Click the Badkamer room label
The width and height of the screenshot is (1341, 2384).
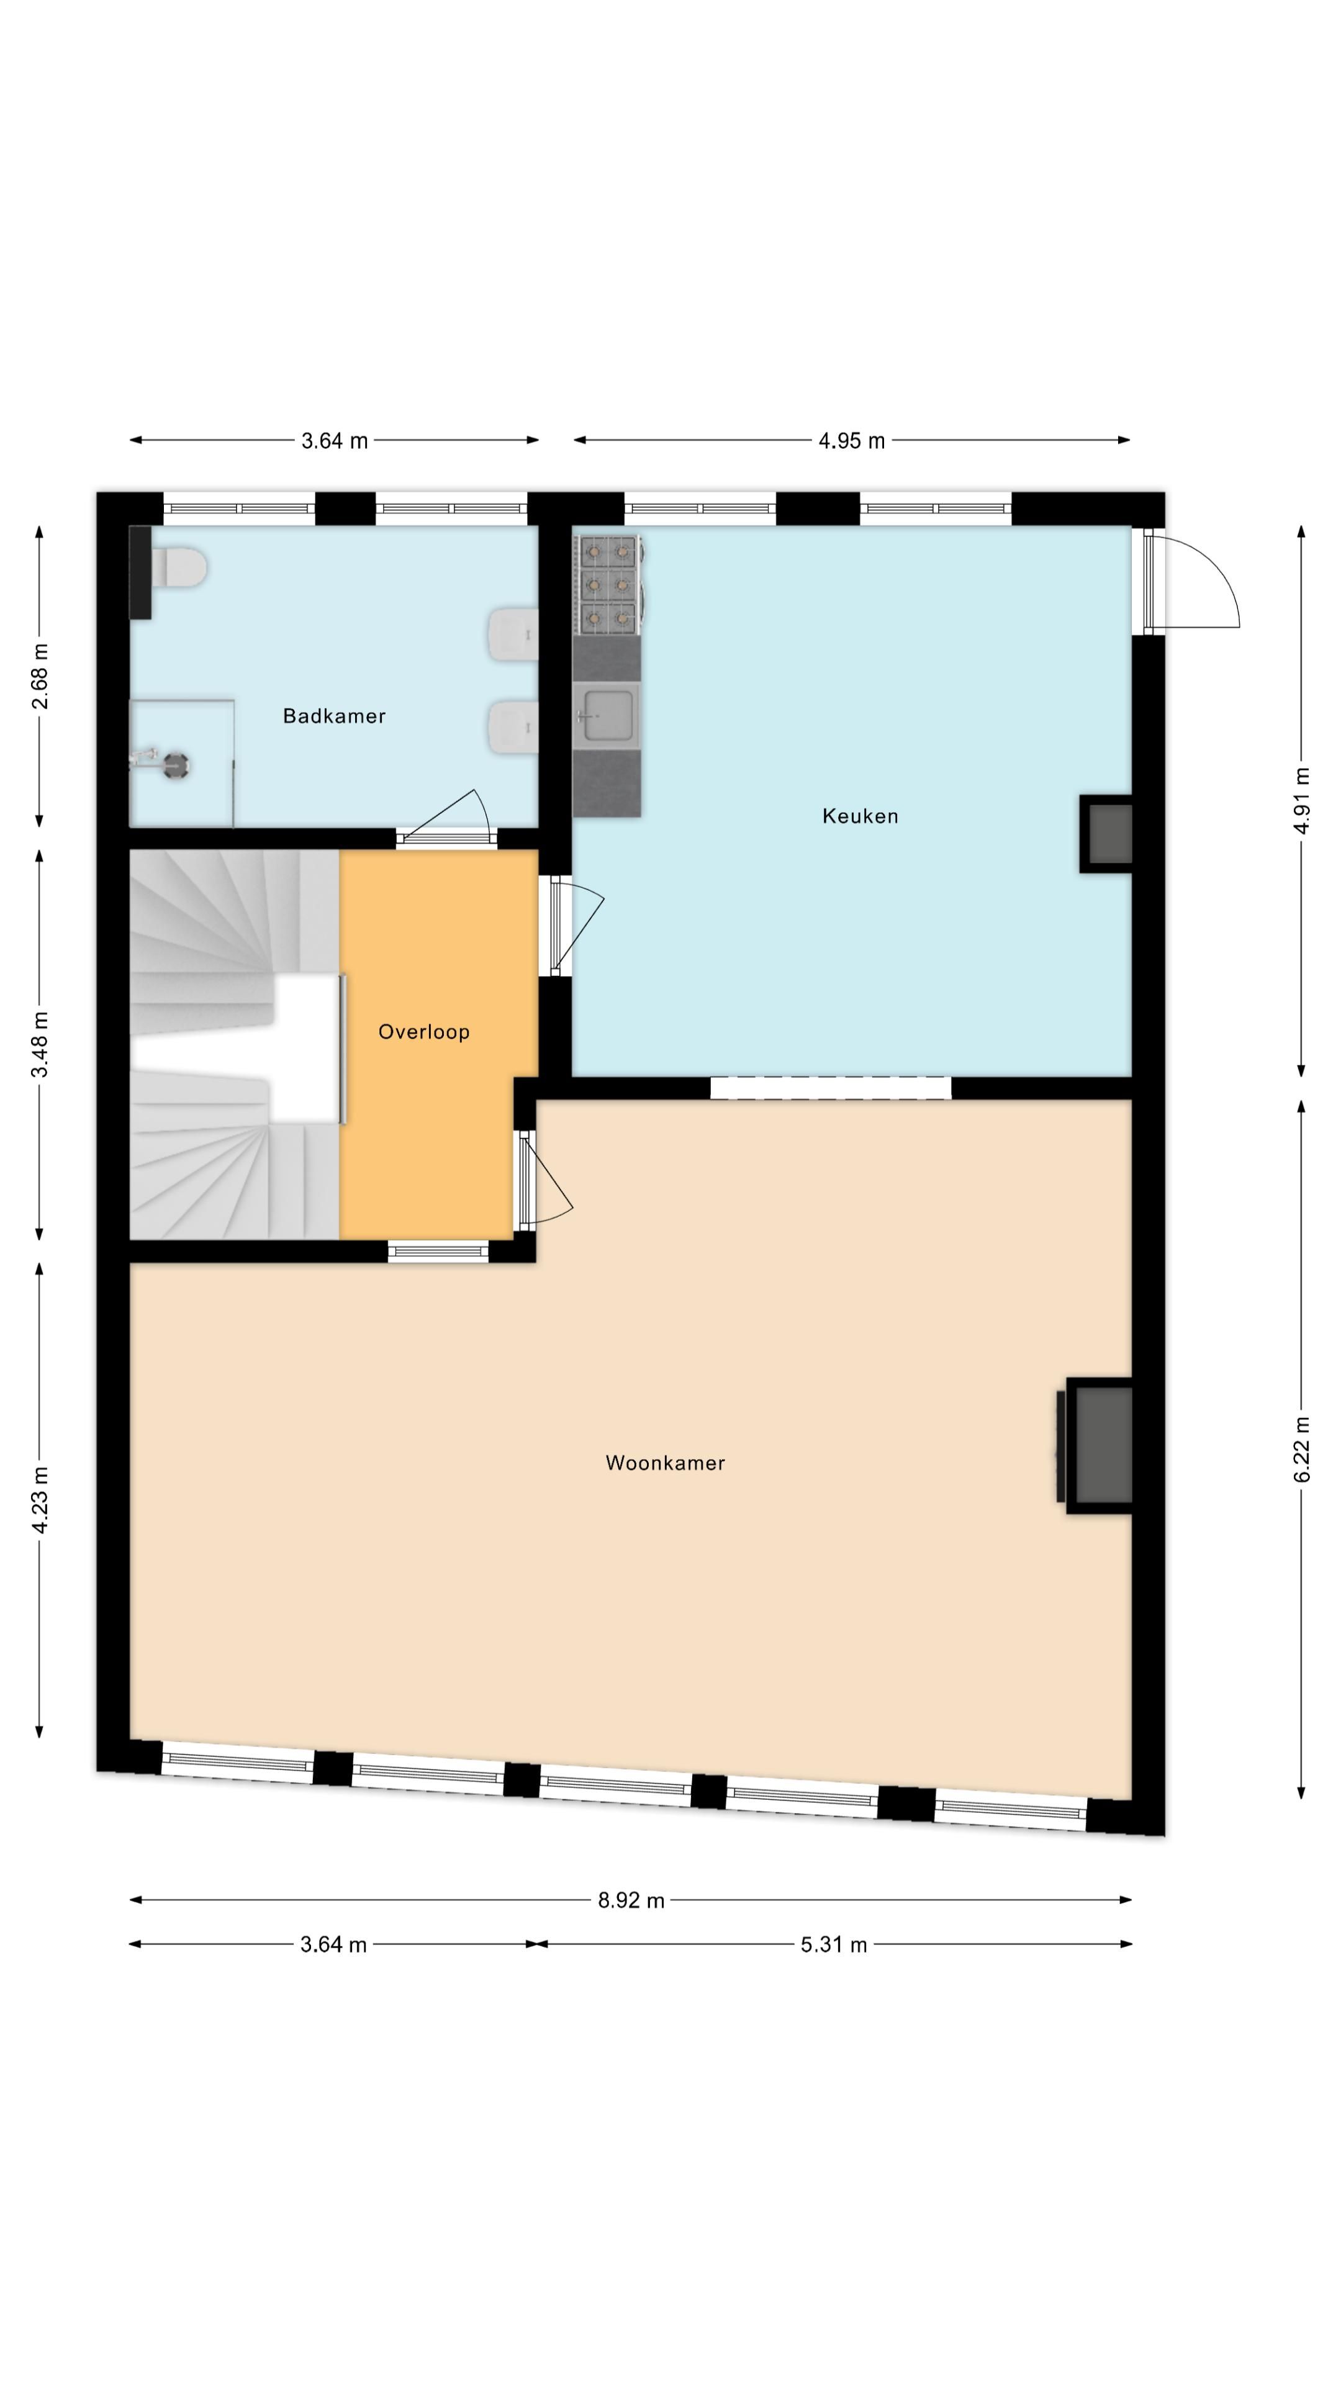click(x=334, y=715)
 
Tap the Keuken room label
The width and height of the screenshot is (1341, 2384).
click(x=860, y=815)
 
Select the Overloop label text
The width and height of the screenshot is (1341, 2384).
click(x=424, y=1031)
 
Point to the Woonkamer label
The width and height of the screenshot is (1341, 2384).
click(x=666, y=1462)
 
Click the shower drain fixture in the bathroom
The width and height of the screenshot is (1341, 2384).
click(x=175, y=764)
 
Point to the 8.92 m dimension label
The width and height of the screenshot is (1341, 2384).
click(x=631, y=1900)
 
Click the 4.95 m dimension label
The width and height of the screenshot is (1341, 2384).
click(x=851, y=441)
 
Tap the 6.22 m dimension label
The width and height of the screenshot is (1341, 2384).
click(x=1301, y=1448)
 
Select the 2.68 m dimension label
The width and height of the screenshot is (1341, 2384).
click(x=40, y=675)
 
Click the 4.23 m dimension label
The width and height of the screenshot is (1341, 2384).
click(x=40, y=1499)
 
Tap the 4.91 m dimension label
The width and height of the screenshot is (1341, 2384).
click(x=1301, y=800)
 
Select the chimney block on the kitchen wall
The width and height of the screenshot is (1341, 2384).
click(x=1106, y=833)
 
